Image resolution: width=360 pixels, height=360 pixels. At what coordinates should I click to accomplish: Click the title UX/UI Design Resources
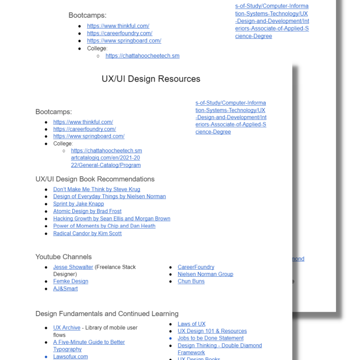[151, 79]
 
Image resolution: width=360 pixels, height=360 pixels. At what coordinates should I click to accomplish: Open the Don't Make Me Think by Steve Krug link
[97, 189]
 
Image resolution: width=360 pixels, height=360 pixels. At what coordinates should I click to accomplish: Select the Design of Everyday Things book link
[110, 197]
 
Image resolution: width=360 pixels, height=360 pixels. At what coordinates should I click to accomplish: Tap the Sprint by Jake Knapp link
[78, 204]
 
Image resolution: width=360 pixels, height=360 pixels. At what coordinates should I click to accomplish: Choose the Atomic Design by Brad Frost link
[87, 211]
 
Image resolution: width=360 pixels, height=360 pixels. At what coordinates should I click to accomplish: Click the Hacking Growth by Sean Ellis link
[112, 219]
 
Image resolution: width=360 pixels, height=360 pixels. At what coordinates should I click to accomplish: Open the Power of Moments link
[104, 226]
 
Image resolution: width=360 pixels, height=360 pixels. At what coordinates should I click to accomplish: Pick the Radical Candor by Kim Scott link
[87, 233]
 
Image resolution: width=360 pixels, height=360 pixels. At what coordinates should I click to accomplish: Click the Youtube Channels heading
[64, 257]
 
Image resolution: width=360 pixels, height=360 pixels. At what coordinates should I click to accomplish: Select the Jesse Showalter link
[73, 267]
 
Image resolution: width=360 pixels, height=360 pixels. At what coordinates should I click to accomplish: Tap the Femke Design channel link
[71, 281]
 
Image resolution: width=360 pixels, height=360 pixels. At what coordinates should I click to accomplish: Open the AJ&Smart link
[66, 289]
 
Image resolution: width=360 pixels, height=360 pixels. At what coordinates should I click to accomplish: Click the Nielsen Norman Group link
[206, 274]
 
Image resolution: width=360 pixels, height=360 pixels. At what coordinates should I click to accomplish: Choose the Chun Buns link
[191, 281]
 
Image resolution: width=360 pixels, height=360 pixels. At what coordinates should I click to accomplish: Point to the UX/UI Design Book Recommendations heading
[95, 179]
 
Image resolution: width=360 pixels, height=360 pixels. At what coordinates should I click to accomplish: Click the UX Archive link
[67, 328]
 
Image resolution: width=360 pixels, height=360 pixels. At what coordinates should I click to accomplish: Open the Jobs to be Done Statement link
[211, 338]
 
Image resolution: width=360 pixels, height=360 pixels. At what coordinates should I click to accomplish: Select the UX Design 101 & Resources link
[212, 331]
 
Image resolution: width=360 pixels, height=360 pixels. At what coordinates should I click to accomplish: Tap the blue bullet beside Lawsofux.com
[46, 357]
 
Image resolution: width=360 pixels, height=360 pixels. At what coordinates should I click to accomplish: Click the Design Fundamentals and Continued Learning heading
[107, 314]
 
